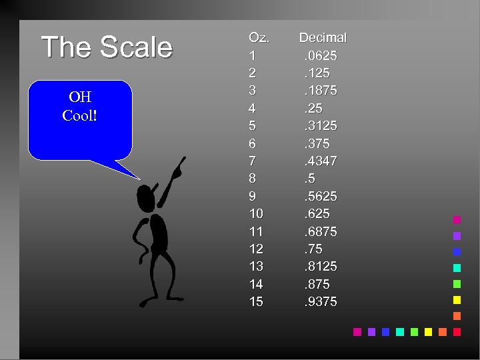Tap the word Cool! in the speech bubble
79,115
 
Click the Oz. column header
259,37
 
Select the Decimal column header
323,37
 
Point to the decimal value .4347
320,161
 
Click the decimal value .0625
320,55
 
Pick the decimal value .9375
320,302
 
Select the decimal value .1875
320,91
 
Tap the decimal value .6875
320,231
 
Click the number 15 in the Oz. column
256,302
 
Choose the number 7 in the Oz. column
252,161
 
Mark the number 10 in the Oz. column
256,213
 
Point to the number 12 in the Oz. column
256,249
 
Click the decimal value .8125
320,266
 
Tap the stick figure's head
145,197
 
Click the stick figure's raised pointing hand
177,171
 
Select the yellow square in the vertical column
457,299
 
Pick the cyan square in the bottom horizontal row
400,331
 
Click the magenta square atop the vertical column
457,219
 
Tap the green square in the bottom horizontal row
414,331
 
